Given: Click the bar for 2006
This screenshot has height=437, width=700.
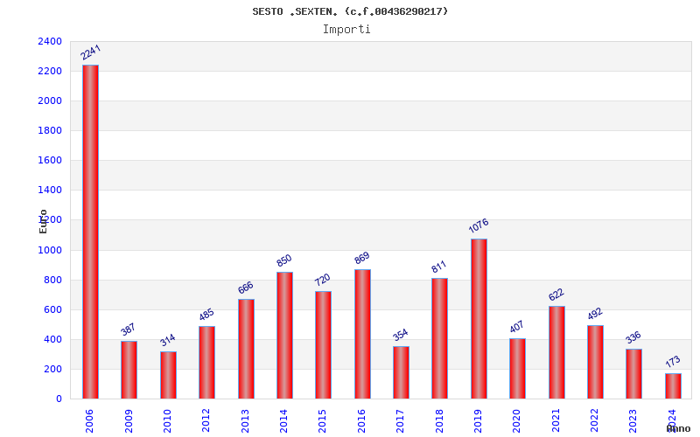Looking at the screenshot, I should tap(90, 232).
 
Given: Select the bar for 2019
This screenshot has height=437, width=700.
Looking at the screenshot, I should tap(479, 318).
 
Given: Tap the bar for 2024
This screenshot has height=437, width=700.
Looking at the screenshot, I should tap(673, 385).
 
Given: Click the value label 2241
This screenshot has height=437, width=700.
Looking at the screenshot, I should tap(91, 52).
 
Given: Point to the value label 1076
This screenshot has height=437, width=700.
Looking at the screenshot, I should tap(479, 226).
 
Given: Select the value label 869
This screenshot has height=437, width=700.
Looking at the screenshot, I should tap(362, 258).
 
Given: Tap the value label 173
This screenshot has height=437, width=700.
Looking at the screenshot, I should tap(673, 361).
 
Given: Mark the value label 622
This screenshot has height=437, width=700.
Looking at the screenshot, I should tap(556, 295).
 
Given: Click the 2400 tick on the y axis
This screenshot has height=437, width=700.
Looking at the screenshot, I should tap(50, 41).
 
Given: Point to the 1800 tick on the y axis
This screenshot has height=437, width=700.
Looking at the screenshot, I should tap(50, 130).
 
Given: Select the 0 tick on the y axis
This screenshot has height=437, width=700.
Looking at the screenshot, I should tap(59, 399).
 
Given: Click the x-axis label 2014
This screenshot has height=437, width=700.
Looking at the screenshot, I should tap(284, 420).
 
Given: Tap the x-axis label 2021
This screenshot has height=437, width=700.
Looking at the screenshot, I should tap(556, 420).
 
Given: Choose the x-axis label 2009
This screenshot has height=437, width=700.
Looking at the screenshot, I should tap(129, 420).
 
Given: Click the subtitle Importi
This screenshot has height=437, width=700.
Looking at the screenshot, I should tap(346, 29).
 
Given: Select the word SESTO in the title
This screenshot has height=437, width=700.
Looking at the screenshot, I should tap(268, 11).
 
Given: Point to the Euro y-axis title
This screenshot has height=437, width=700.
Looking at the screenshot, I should tap(43, 221).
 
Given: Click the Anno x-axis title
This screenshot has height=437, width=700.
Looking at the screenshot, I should tap(678, 428).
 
